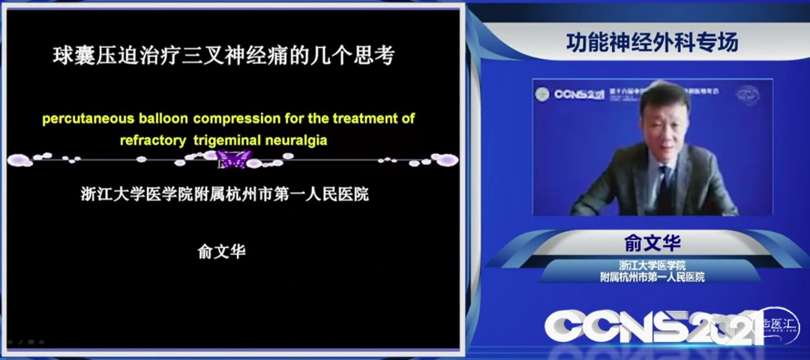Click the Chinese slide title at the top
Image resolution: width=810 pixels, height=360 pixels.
pos(223,56)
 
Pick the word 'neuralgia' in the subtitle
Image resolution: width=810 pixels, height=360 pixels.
pos(296,139)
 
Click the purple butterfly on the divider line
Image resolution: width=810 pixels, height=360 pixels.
pos(234,159)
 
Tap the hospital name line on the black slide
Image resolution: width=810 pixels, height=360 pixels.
pos(224,194)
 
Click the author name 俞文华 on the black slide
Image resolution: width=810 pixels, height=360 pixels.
pos(221,252)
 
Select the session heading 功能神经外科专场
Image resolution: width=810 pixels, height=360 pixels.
pos(651,43)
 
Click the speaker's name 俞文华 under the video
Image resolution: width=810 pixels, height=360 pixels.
pos(651,244)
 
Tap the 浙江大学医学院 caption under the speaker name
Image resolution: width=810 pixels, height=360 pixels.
pos(652,265)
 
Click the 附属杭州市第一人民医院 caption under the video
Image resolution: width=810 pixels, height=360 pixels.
pos(652,277)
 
